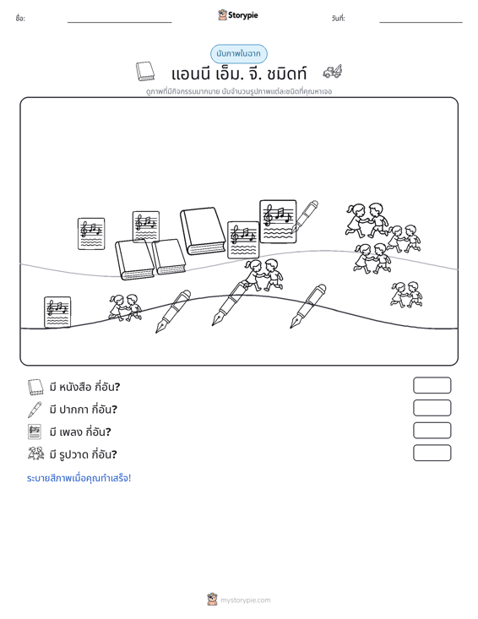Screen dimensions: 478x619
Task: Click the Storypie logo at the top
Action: coord(238,15)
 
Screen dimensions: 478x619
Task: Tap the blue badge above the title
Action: coord(238,54)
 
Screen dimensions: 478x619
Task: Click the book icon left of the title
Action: coord(145,71)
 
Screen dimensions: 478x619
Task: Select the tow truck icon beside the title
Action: coord(333,72)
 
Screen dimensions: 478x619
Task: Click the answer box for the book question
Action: coord(432,385)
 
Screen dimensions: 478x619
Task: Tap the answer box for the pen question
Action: coord(432,408)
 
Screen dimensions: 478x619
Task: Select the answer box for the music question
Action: coord(432,431)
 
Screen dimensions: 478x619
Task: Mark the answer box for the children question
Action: coord(432,453)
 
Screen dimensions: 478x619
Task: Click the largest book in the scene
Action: coord(203,231)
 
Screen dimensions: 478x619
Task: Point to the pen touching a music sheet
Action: coord(304,216)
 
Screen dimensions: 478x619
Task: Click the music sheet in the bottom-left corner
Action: coord(57,312)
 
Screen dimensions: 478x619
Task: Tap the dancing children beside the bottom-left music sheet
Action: coord(125,307)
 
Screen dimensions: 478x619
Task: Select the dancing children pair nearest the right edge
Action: coord(406,294)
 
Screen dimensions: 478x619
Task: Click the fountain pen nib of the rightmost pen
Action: coord(295,323)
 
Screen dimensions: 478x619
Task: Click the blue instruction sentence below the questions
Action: coord(79,478)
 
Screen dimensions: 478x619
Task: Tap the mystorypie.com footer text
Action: coord(246,600)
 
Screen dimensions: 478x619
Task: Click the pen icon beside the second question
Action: coord(35,410)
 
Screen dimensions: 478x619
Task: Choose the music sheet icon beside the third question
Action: coord(35,432)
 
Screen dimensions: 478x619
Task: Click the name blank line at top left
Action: coord(120,22)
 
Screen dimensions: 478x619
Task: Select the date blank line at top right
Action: coord(421,22)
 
